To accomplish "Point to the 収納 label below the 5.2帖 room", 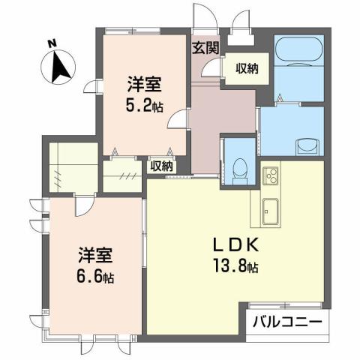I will pos(162,166).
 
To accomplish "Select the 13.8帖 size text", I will pos(235,265).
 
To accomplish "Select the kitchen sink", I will pos(269,208).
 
